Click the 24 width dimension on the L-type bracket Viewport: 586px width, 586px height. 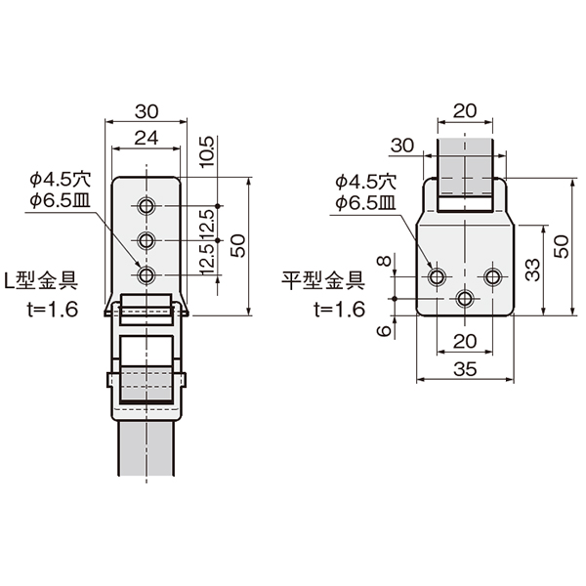146,138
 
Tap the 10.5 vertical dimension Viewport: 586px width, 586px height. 207,152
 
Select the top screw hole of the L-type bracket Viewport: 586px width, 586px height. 146,206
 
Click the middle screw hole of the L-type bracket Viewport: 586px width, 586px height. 146,240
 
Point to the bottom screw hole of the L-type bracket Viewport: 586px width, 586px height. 146,275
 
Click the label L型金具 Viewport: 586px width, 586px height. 41,280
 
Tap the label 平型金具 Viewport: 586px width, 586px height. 323,280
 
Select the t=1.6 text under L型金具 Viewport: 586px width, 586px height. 53,310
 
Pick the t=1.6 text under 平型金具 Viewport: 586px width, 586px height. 339,310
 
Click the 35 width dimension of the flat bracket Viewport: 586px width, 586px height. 465,369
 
